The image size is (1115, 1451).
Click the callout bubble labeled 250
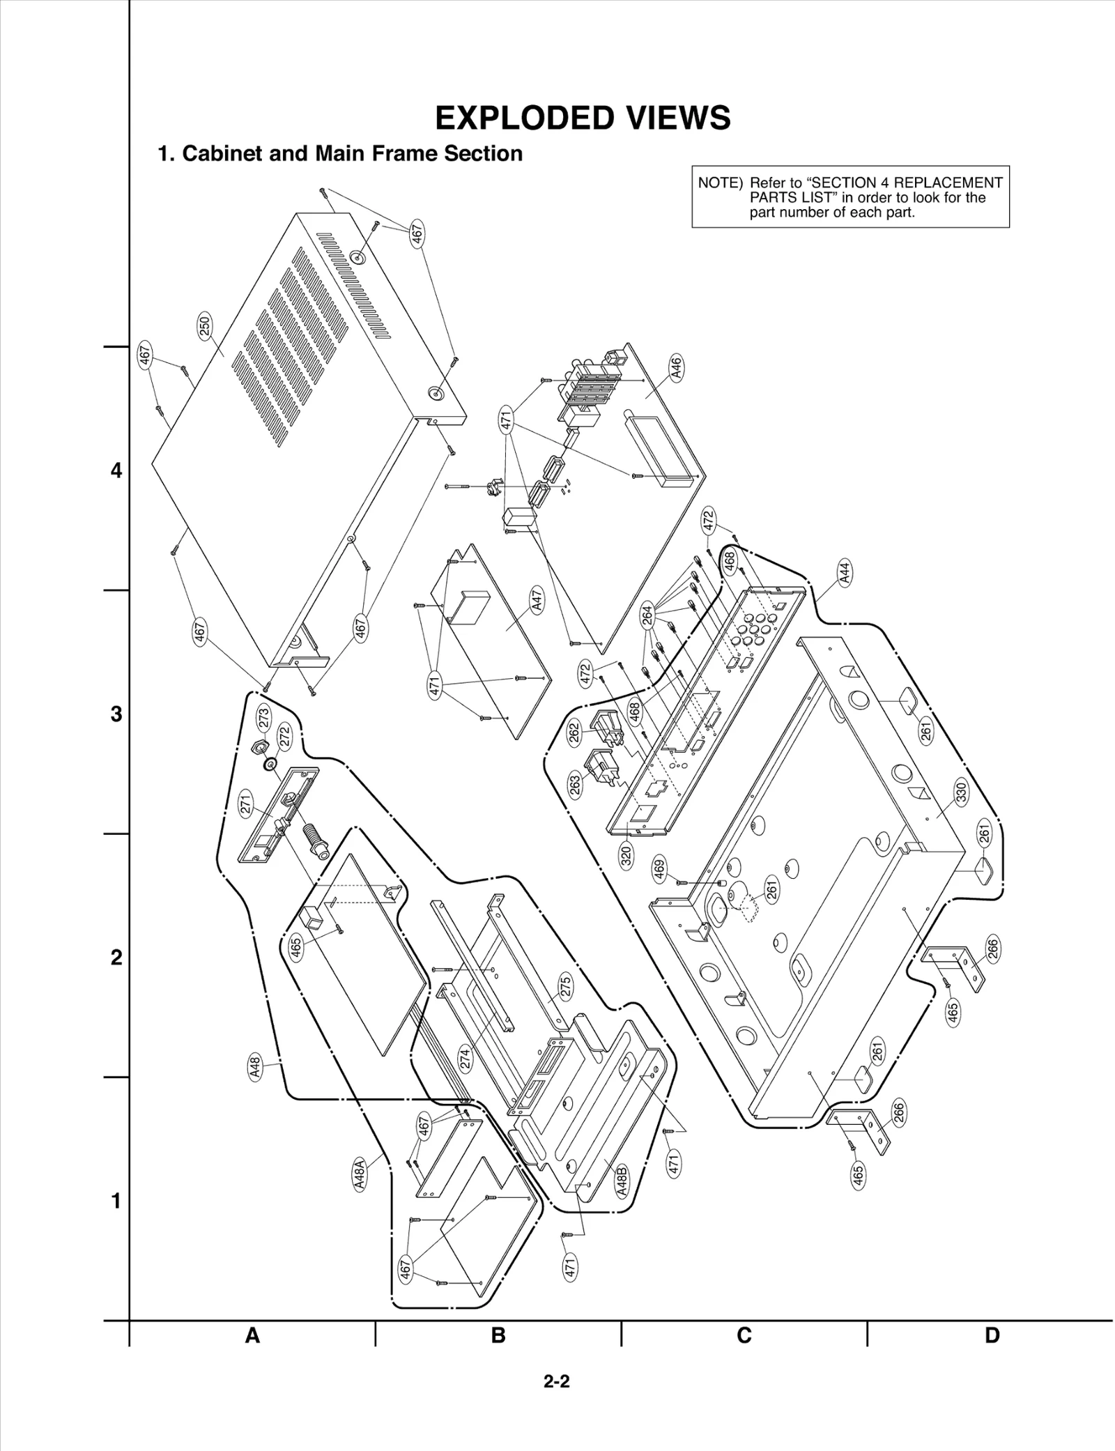pyautogui.click(x=206, y=326)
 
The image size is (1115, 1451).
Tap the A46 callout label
pyautogui.click(x=675, y=367)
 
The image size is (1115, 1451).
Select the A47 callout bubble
pyautogui.click(x=537, y=600)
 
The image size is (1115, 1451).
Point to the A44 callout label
pyautogui.click(x=845, y=573)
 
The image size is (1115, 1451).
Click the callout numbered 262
pyautogui.click(x=575, y=735)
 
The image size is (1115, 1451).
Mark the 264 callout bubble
pyautogui.click(x=647, y=615)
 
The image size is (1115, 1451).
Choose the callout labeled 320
pyautogui.click(x=626, y=855)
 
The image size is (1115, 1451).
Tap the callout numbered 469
pyautogui.click(x=659, y=869)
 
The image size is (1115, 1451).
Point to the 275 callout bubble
pyautogui.click(x=565, y=986)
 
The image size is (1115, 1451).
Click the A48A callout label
pyautogui.click(x=359, y=1174)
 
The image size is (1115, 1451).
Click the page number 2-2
pyautogui.click(x=557, y=1381)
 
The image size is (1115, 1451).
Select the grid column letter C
pyautogui.click(x=744, y=1335)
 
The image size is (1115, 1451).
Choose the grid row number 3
pyautogui.click(x=116, y=714)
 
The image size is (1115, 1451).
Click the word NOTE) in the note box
pyautogui.click(x=720, y=183)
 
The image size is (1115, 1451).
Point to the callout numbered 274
pyautogui.click(x=465, y=1059)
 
